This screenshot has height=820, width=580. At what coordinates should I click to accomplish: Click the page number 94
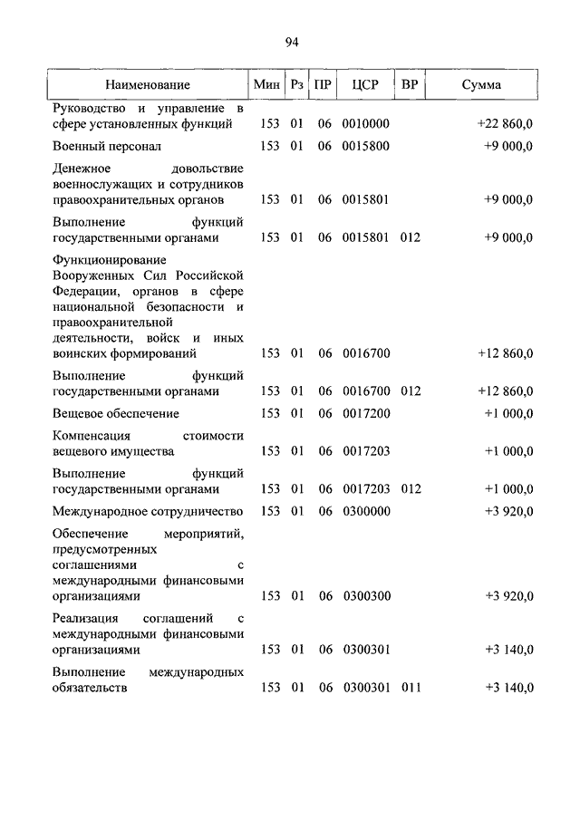[x=290, y=42]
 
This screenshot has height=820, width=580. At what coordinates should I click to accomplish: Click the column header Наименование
[x=147, y=85]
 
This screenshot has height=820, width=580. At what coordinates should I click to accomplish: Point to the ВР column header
[x=410, y=85]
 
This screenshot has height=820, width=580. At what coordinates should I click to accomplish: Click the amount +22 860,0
[x=505, y=123]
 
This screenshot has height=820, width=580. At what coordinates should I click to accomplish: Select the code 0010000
[x=366, y=123]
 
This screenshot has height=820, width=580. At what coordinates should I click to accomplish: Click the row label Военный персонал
[x=107, y=146]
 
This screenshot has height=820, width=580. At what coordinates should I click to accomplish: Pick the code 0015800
[x=366, y=146]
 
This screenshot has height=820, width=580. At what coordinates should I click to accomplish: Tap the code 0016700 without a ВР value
[x=366, y=353]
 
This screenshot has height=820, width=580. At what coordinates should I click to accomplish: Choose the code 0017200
[x=366, y=413]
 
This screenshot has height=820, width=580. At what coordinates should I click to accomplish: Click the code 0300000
[x=366, y=512]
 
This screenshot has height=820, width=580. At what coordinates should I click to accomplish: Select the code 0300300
[x=366, y=596]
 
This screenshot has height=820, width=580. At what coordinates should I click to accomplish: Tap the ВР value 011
[x=411, y=689]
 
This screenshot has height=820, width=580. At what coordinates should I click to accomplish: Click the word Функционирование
[x=104, y=260]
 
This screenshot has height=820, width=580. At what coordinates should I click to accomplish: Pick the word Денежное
[x=82, y=169]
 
